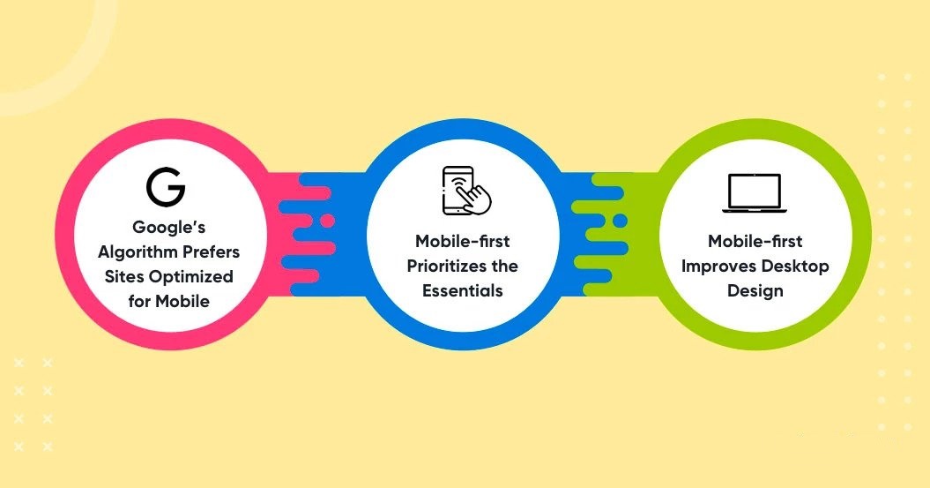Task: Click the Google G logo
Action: point(166,187)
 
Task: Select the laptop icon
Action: point(755,193)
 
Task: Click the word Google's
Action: point(169,228)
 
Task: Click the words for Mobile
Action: point(169,301)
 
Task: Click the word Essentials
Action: point(463,291)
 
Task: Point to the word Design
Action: point(755,291)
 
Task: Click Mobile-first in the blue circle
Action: point(463,241)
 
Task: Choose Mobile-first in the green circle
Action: point(755,241)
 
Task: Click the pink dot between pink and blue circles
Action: point(327,221)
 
